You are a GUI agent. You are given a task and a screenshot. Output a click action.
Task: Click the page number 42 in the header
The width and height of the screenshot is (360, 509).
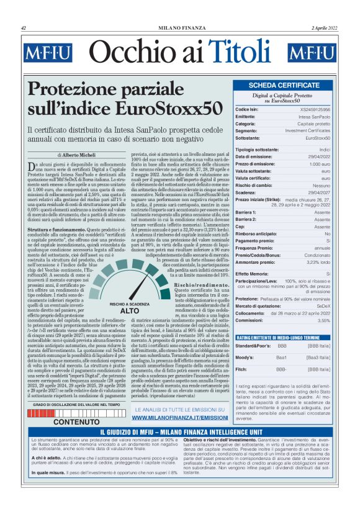point(24,29)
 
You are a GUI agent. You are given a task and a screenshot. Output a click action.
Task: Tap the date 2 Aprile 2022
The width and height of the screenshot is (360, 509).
point(324,29)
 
